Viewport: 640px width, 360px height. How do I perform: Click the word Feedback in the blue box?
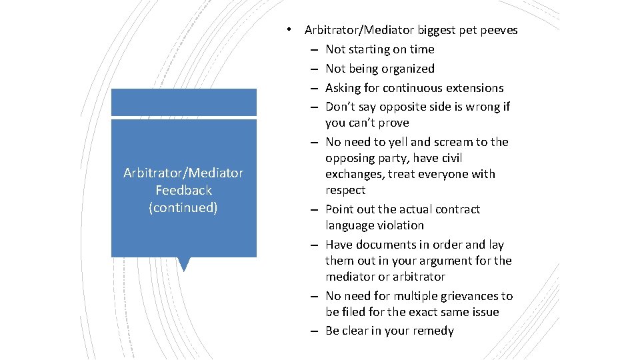[183, 190]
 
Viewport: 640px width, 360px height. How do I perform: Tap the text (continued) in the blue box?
[183, 207]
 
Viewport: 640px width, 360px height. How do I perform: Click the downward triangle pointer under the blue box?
[184, 264]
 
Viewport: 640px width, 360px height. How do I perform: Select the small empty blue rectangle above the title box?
[183, 102]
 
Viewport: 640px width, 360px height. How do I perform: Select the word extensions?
[476, 88]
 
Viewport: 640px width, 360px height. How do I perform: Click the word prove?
[394, 123]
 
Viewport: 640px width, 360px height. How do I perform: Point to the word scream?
[456, 142]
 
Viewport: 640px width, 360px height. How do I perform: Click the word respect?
[345, 190]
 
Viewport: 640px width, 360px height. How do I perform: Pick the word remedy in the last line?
[433, 331]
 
